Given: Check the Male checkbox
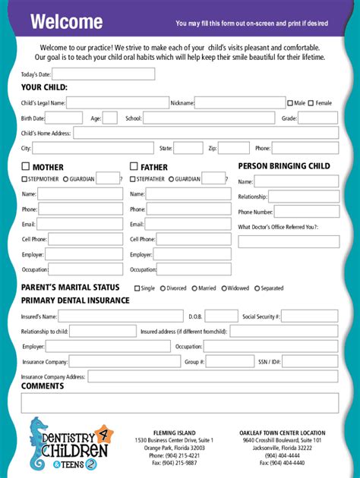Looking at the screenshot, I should pos(290,102).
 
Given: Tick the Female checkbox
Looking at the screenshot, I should pos(311,102).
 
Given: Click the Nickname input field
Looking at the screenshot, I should pos(239,102).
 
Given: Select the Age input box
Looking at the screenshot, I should pos(109,118).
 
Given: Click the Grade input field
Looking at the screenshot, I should pos(317,118).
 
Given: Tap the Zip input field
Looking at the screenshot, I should pos(234,148).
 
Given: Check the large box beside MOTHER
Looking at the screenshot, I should pos(25,166).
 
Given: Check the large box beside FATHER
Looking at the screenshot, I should pos(134,166).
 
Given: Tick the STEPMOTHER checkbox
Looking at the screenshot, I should pos(24,179).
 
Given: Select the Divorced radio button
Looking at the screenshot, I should pos(163,288).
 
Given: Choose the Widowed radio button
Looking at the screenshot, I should pos(224,288).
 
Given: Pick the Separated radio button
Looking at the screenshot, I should pos(257,288).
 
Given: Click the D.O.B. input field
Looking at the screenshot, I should pos(221,316).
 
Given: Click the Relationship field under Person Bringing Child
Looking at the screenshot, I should pos(303,197).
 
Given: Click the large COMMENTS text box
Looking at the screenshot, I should pos(179,402).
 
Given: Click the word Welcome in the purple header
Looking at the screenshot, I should pos(66,22).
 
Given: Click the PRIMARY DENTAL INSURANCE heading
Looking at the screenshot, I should pos(75,300).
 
